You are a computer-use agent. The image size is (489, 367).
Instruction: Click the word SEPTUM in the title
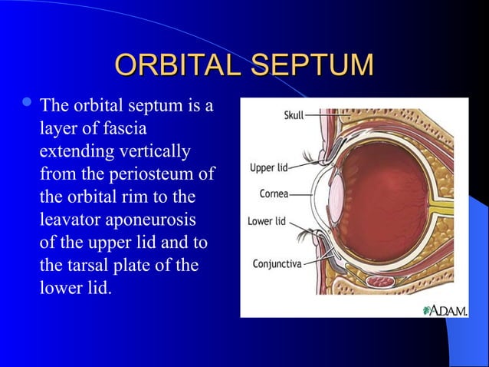click(x=314, y=65)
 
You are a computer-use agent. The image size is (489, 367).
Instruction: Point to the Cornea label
click(x=274, y=194)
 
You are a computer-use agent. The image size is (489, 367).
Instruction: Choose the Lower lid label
click(x=267, y=221)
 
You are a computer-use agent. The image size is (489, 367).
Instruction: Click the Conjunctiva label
click(x=277, y=263)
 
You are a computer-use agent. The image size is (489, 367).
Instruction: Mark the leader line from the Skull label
click(x=317, y=117)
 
